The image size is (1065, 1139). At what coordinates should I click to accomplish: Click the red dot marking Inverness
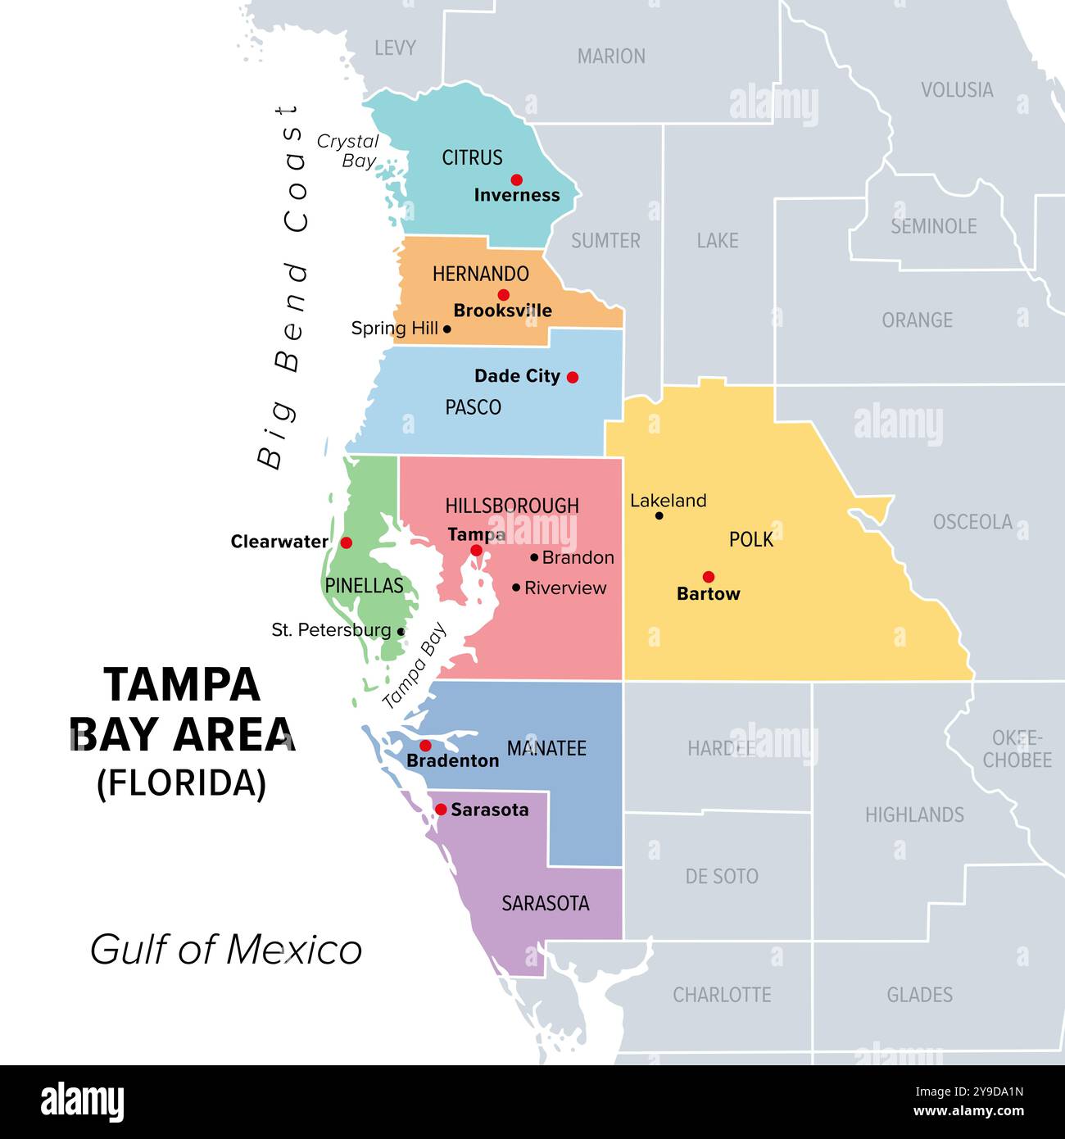point(516,179)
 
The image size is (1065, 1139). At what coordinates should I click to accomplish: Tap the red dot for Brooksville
point(503,295)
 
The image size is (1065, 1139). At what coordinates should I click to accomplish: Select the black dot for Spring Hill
point(446,329)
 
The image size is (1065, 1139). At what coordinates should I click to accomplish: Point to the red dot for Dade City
point(573,377)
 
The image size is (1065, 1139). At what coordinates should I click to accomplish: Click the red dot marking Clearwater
point(347,542)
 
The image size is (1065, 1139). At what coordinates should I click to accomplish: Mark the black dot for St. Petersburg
point(401,632)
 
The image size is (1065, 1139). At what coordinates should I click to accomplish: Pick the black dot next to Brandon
point(534,557)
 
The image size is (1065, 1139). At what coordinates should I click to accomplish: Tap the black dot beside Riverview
point(516,588)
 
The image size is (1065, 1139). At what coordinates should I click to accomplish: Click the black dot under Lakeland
point(659,515)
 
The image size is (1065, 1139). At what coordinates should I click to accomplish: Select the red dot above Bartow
point(709,577)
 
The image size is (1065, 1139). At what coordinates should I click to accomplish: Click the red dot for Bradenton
point(425,746)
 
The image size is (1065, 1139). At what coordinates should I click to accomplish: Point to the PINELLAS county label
point(364,585)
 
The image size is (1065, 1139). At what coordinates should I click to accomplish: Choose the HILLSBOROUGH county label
point(512,506)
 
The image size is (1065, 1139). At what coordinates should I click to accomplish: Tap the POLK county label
point(750,539)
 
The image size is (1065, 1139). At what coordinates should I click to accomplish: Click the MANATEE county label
point(546,748)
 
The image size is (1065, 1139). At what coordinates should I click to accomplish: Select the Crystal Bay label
point(349,151)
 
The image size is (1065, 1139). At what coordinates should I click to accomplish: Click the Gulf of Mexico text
point(226,950)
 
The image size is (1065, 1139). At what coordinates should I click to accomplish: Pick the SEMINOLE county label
point(933,226)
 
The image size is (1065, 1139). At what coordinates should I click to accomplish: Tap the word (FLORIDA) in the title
point(181,783)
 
